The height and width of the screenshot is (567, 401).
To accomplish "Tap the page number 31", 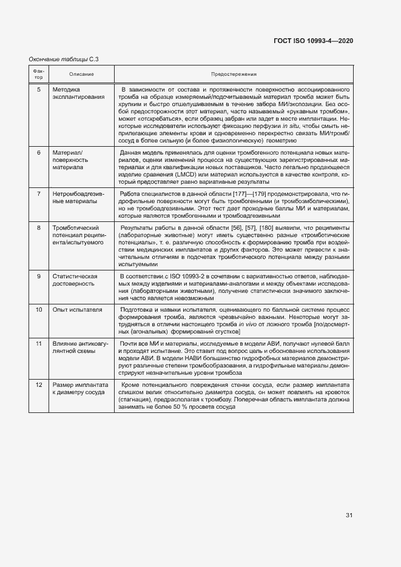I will tap(349, 515).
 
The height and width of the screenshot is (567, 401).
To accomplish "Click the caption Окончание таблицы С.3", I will tap(64, 59).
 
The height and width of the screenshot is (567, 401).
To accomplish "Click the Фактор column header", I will tap(38, 74).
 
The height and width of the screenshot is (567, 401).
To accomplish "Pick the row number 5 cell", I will tap(38, 89).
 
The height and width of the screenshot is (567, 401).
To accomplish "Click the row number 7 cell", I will tap(38, 193).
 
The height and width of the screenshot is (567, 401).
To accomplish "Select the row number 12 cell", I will tap(38, 385).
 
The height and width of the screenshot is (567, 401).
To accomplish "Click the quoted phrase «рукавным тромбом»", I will tap(318, 113).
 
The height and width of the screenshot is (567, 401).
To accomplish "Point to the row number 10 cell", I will tap(38, 310).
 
